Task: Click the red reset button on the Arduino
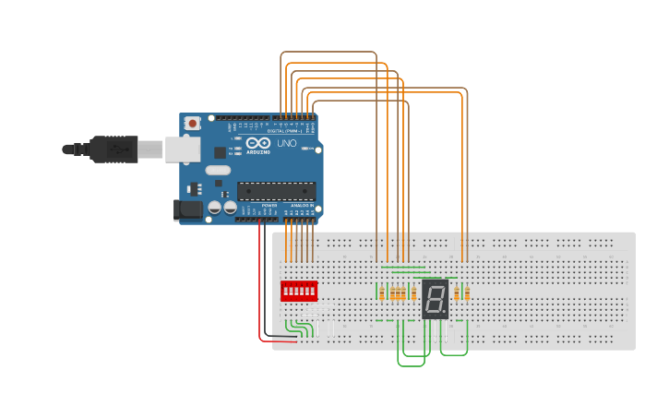(x=192, y=123)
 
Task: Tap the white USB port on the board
(x=182, y=149)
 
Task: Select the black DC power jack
(x=188, y=210)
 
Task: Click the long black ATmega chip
(x=276, y=190)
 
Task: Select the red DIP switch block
(x=299, y=292)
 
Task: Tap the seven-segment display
(x=435, y=298)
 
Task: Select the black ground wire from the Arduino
(x=267, y=277)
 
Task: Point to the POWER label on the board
(x=269, y=205)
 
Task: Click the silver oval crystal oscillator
(x=218, y=170)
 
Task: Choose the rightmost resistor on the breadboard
(x=467, y=293)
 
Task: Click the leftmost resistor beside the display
(x=381, y=293)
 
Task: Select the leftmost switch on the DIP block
(x=286, y=292)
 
